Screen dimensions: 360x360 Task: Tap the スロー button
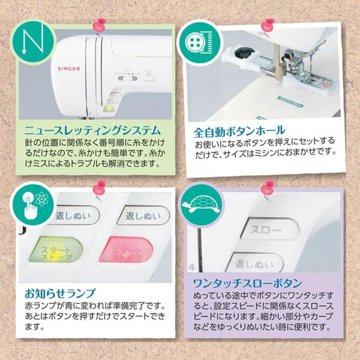point(260,230)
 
